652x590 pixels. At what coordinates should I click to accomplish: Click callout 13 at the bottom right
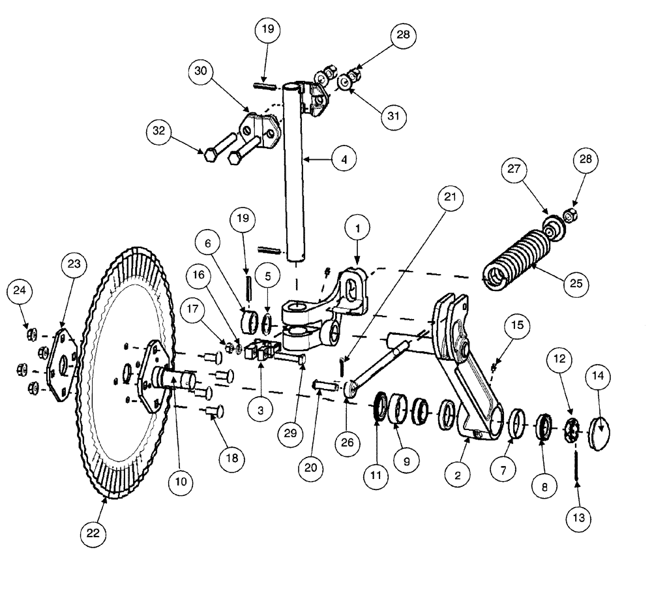pyautogui.click(x=578, y=519)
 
